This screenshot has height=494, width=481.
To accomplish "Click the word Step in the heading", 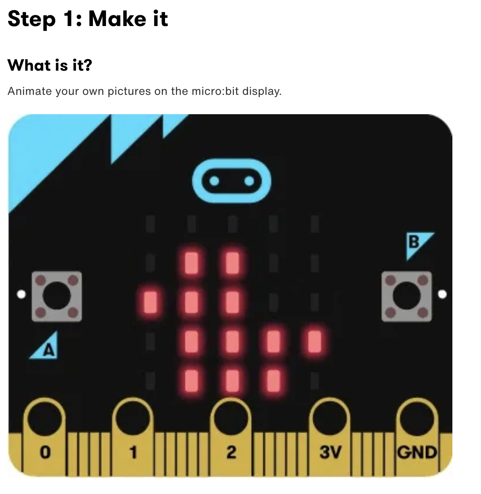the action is point(32,19).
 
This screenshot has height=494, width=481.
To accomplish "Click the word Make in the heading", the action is point(117,19).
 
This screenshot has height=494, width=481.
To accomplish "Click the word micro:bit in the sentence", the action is point(215,91).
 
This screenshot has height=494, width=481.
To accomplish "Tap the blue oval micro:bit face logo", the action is point(232,181).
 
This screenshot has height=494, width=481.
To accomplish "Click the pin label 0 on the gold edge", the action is point(45,452).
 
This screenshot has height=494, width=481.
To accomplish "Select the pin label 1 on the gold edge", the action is point(133,452).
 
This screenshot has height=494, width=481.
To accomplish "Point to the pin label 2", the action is point(231,452).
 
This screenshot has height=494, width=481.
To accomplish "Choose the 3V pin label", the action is point(330,452).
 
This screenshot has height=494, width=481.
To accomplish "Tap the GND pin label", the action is point(417,452).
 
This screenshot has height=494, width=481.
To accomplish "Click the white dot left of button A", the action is point(21,294).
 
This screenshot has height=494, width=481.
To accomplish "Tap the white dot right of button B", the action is point(442,294).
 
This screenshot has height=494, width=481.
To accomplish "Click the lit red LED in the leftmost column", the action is point(150,302).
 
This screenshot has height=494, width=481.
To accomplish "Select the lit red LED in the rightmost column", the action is point(314,341).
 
